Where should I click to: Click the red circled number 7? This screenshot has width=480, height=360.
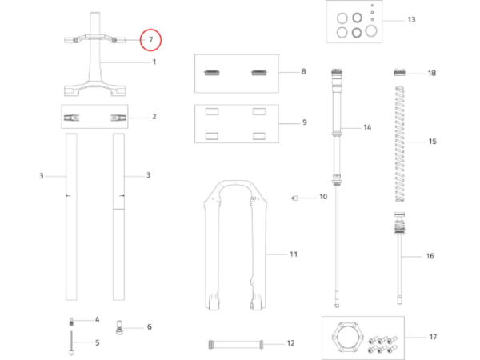coord(150,39)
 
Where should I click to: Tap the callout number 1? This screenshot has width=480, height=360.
coord(154,62)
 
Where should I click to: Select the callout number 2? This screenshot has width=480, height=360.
coord(154,117)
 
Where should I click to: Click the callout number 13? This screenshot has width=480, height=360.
coord(411,19)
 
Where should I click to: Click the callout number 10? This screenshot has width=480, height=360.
coord(323,196)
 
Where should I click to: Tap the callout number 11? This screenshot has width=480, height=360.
coord(293,254)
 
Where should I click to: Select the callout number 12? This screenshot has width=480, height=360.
coord(290,343)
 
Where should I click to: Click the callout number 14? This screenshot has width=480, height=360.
coord(367,128)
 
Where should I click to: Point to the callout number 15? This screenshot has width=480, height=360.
coord(433,142)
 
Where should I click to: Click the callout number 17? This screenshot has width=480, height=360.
coord(433,337)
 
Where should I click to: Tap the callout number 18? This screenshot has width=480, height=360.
coord(432,73)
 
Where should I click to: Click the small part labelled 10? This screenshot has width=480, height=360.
coord(296,196)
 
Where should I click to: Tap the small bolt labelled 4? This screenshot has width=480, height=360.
coord(71,320)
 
